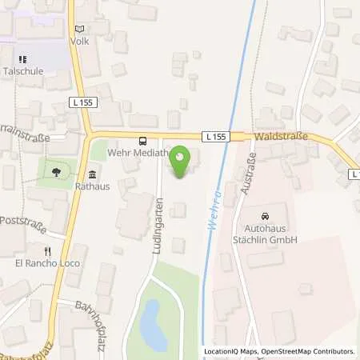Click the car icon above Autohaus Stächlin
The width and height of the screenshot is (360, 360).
point(264,216)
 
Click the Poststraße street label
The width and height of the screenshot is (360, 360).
point(21,220)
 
